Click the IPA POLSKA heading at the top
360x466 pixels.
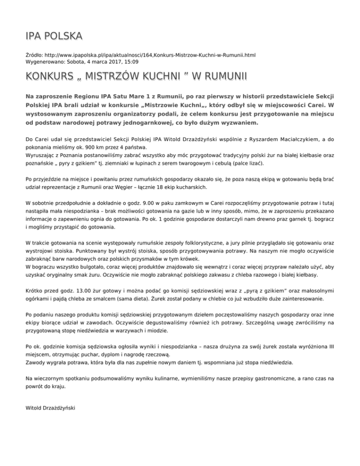[54, 36]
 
